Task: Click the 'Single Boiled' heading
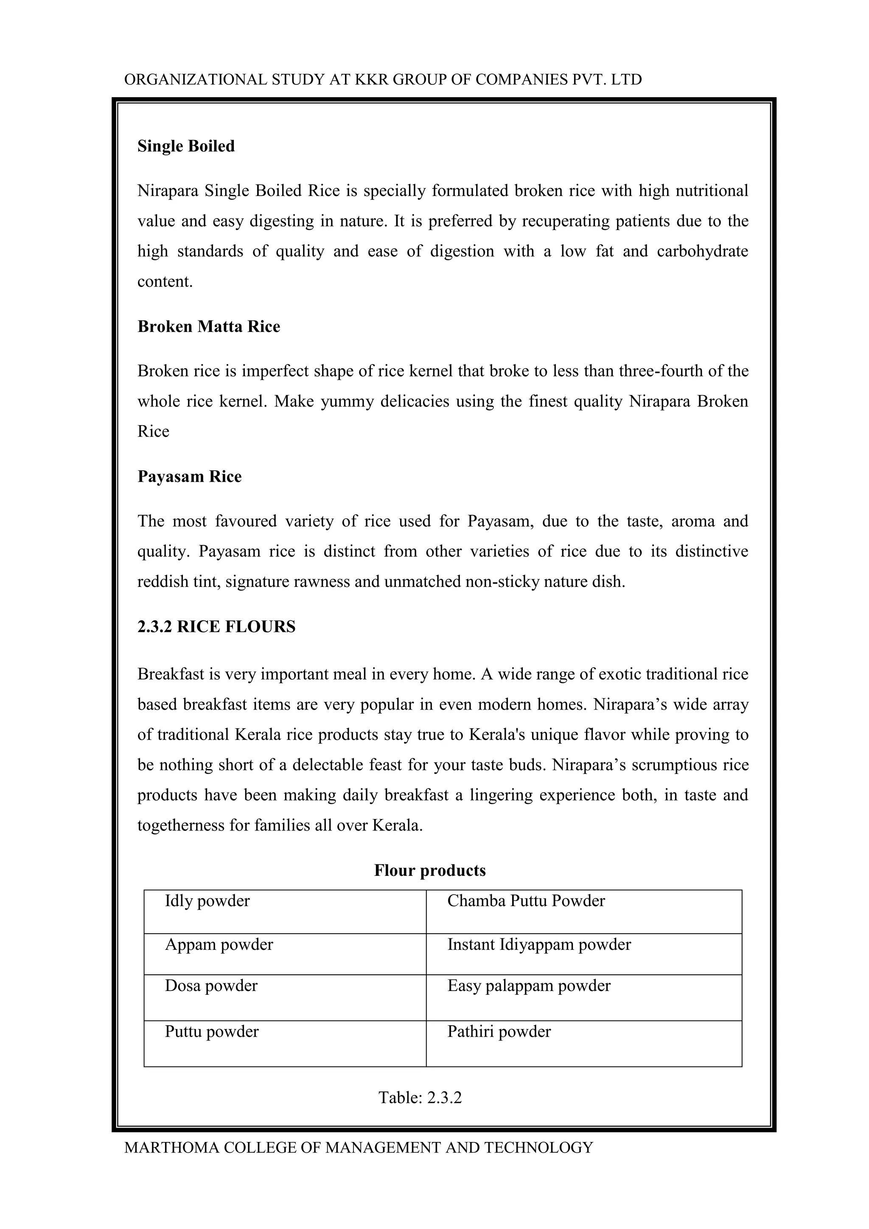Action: click(x=186, y=146)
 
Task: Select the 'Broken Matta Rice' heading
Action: click(x=209, y=326)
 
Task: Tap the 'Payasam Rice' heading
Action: click(x=189, y=477)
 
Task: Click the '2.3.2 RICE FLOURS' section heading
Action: click(x=216, y=626)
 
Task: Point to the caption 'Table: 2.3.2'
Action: click(x=420, y=1097)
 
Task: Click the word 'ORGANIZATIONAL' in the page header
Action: click(x=195, y=80)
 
